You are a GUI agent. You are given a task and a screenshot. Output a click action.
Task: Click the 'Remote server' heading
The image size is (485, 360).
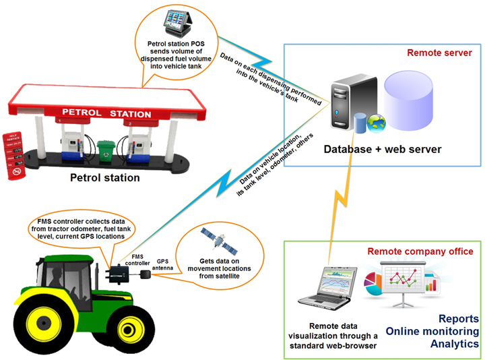click(x=437, y=53)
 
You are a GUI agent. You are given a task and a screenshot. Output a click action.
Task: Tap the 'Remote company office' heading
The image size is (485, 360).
click(x=420, y=251)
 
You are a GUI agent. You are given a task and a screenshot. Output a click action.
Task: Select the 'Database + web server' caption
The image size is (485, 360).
click(x=391, y=148)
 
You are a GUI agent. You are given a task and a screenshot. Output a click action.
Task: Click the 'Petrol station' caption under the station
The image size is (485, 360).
click(x=106, y=178)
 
